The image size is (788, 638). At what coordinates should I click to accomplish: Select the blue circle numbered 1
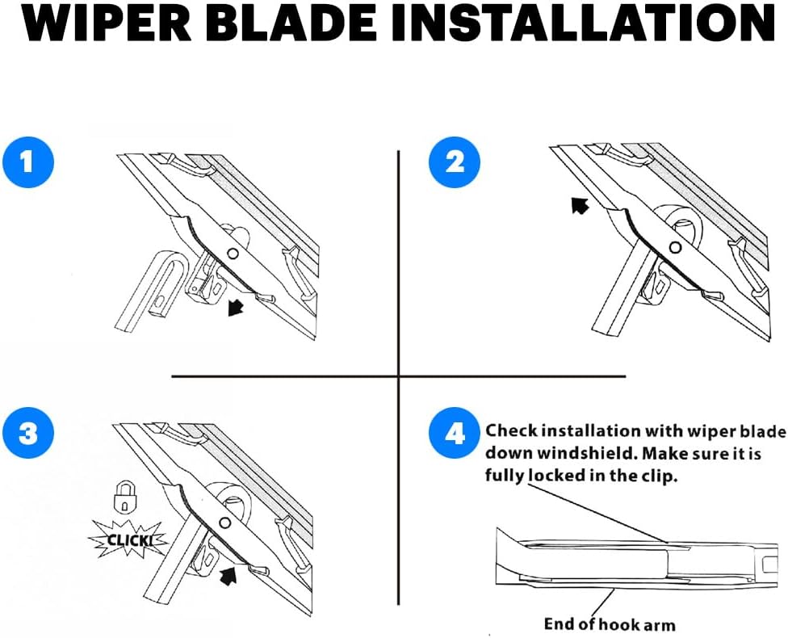tap(28, 162)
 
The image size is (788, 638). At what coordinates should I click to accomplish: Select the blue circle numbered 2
tap(455, 162)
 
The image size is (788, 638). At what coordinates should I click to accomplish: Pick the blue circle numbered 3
tap(28, 432)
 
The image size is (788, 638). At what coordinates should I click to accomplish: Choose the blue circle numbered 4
tap(455, 432)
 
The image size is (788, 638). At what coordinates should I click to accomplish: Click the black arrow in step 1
tap(235, 307)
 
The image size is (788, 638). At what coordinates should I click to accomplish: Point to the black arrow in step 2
tap(580, 205)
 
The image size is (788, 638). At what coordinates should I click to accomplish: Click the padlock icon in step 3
tap(124, 497)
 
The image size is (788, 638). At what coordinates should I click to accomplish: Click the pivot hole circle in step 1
tap(233, 254)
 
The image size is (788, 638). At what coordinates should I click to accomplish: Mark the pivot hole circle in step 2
tap(676, 247)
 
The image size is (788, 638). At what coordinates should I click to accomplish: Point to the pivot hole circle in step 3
tap(225, 523)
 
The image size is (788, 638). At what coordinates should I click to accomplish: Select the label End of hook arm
tap(610, 624)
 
